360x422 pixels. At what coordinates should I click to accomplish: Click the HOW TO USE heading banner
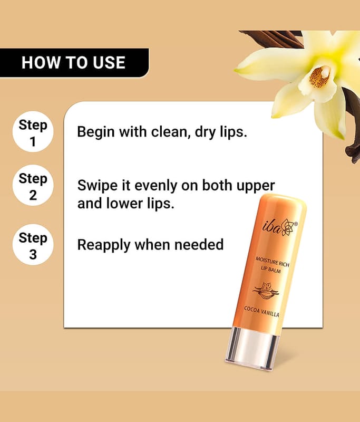coord(74,63)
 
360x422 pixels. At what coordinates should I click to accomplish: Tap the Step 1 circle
coord(33,131)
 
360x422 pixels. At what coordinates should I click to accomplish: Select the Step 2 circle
coord(33,186)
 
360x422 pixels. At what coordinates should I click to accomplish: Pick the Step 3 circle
coord(33,245)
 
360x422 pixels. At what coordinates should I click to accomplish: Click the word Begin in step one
coord(96,132)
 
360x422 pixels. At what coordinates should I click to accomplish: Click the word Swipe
coord(98,186)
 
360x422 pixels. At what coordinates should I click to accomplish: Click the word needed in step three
coord(199,245)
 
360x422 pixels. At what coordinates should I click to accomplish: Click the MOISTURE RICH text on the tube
coord(272,262)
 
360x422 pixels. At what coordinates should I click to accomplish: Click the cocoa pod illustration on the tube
coord(266,291)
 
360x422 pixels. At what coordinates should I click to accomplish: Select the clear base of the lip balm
coord(251,349)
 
